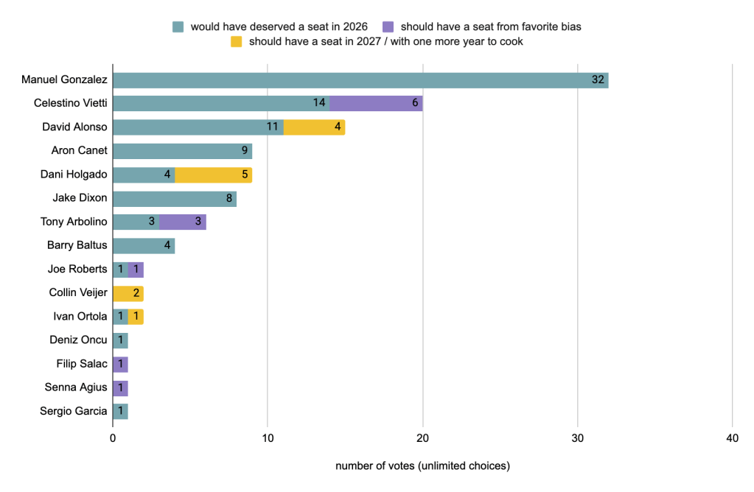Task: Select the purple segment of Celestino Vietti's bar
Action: pos(376,103)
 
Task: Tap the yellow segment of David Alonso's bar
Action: pos(314,127)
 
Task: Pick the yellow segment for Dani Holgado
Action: pos(213,175)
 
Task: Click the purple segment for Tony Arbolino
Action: pos(182,222)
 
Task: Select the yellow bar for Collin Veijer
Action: pos(128,293)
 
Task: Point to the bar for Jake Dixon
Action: pos(174,198)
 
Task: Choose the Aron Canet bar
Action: pos(182,151)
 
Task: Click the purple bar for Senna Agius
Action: pos(120,387)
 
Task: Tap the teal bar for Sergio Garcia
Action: pos(120,411)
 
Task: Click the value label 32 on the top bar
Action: pos(598,80)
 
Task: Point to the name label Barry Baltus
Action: pos(77,245)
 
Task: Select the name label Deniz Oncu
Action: pos(77,340)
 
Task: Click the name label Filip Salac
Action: pos(82,364)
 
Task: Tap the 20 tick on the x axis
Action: pos(422,437)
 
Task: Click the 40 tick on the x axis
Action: pos(732,437)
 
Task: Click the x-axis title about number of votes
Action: pos(422,466)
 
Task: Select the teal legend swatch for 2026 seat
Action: pos(178,27)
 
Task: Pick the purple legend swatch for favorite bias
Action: pos(388,27)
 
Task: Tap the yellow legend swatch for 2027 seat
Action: pos(236,41)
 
